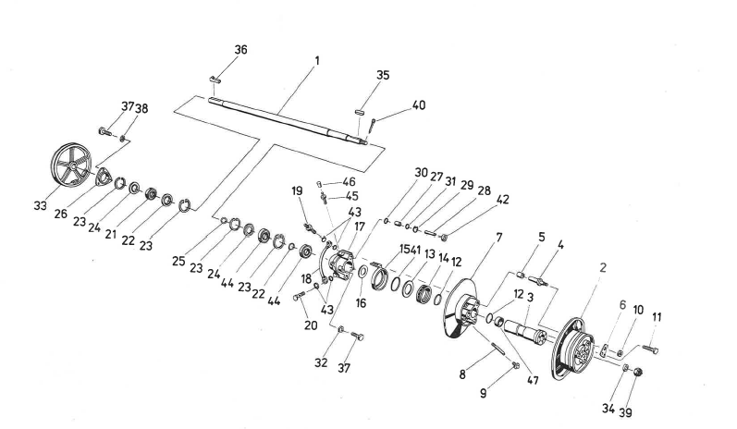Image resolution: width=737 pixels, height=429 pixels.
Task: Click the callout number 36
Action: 240,49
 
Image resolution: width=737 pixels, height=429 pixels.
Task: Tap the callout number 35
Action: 383,76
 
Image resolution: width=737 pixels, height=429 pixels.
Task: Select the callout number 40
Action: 419,105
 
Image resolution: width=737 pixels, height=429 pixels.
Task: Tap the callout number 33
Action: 40,205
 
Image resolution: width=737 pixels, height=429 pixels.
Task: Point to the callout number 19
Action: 298,190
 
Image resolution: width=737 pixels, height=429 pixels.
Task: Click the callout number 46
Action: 350,182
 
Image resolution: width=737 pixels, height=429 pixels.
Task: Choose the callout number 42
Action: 502,198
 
